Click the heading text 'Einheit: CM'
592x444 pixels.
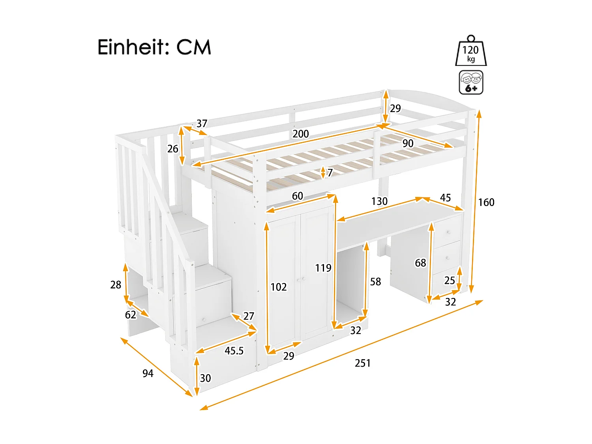154,47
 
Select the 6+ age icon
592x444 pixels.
471,82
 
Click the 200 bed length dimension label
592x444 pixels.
300,134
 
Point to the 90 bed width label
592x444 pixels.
408,143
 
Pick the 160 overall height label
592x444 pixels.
486,202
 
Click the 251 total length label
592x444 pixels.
362,363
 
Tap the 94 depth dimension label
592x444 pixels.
148,373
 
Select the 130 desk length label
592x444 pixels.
379,202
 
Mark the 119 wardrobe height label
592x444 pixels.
323,268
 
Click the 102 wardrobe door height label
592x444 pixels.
278,287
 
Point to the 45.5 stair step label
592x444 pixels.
234,351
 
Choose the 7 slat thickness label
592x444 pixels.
330,173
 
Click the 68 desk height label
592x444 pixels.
420,263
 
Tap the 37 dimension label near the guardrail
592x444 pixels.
202,124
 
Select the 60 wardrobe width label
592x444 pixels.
297,196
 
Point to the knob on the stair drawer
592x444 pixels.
204,319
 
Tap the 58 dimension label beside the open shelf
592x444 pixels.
375,282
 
